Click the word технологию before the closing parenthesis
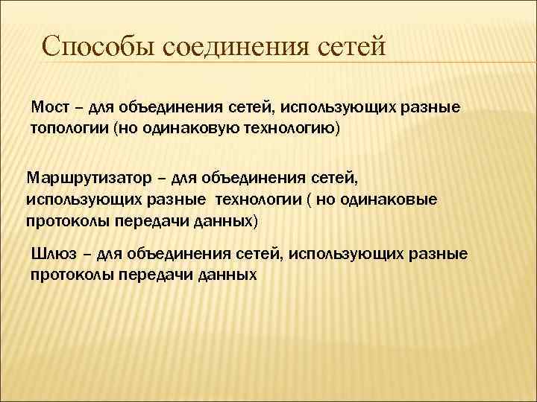288,129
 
